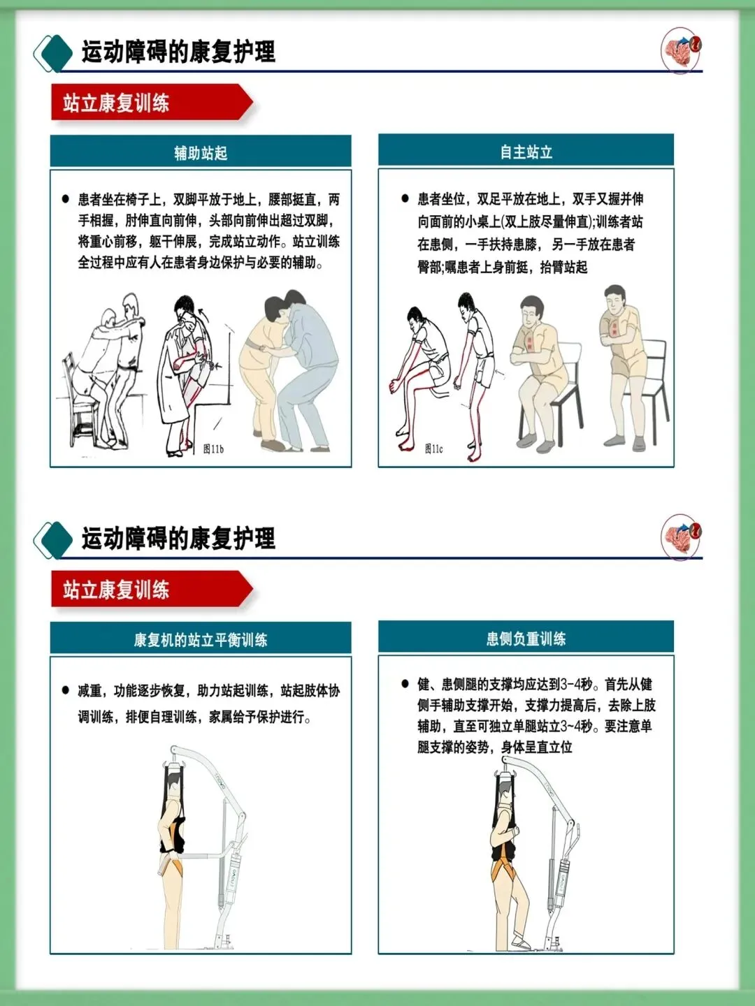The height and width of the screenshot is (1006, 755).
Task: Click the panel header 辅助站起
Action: (x=201, y=152)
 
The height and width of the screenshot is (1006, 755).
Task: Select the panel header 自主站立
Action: (x=526, y=151)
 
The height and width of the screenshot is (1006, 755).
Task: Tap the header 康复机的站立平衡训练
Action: (x=201, y=639)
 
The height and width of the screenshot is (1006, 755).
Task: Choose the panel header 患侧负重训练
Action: (x=526, y=638)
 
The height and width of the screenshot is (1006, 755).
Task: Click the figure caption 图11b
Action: (x=214, y=449)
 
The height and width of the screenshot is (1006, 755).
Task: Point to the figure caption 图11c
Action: (x=433, y=449)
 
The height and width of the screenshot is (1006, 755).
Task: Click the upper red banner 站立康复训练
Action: (x=116, y=103)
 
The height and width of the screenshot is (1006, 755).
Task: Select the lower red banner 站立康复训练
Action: (x=116, y=590)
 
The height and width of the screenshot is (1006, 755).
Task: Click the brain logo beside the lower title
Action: (x=681, y=537)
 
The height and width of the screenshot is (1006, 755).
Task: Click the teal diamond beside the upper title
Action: (x=57, y=53)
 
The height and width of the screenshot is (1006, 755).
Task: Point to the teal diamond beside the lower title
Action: (x=57, y=540)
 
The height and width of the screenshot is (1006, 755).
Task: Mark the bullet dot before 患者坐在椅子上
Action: (x=66, y=199)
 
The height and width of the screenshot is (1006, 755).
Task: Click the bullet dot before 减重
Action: (x=66, y=690)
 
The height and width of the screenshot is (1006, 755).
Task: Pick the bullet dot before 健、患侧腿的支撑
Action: (x=405, y=684)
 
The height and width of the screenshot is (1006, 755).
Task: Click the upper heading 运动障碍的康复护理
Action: (x=178, y=51)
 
